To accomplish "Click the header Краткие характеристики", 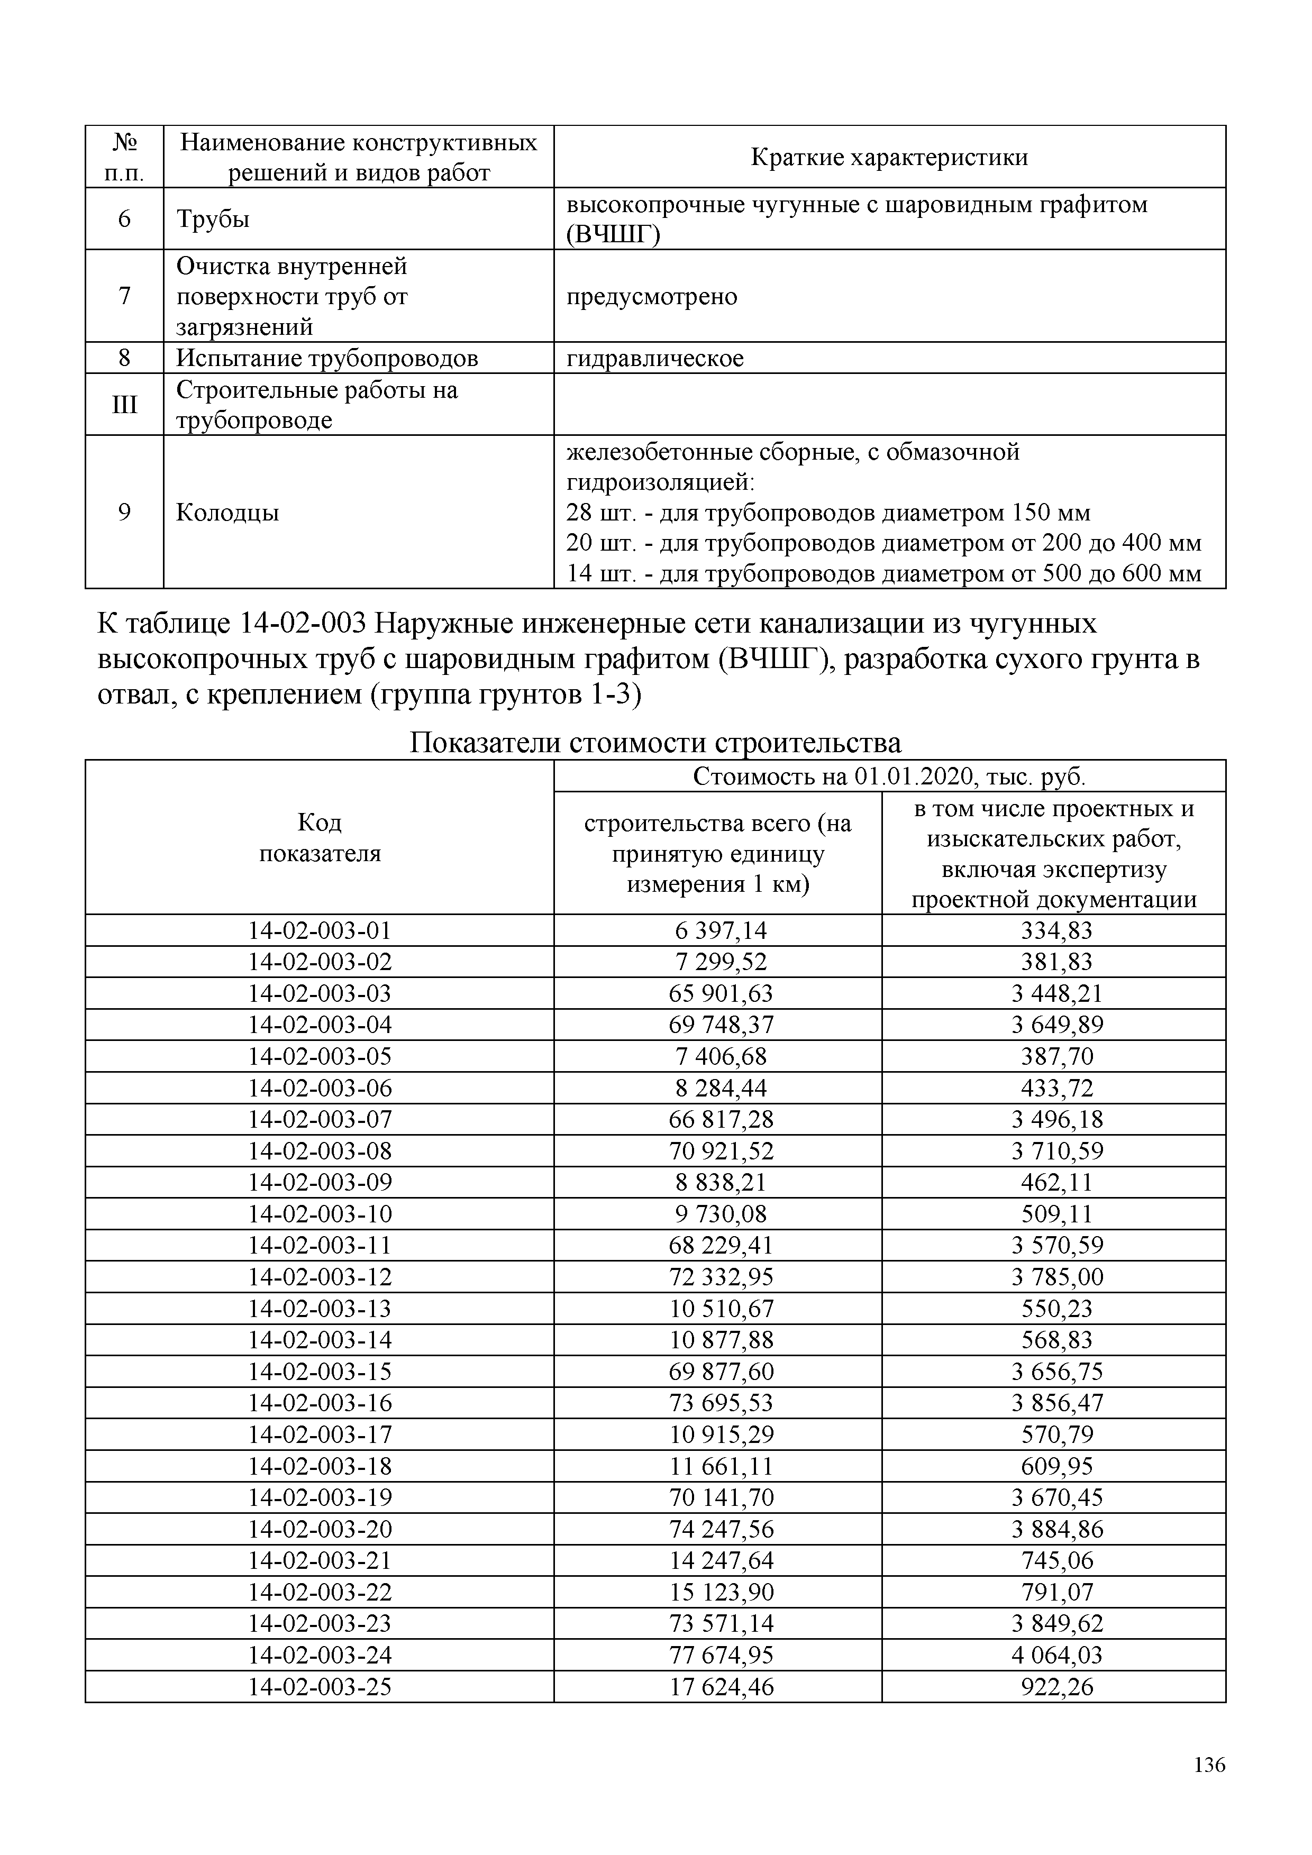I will (x=889, y=157).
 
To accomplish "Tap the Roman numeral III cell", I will (x=124, y=404).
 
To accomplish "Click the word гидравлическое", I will (x=654, y=358).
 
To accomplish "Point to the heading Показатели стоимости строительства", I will (x=655, y=742).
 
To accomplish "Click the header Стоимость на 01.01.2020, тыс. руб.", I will (x=889, y=776).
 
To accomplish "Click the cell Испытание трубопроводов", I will (x=327, y=358).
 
